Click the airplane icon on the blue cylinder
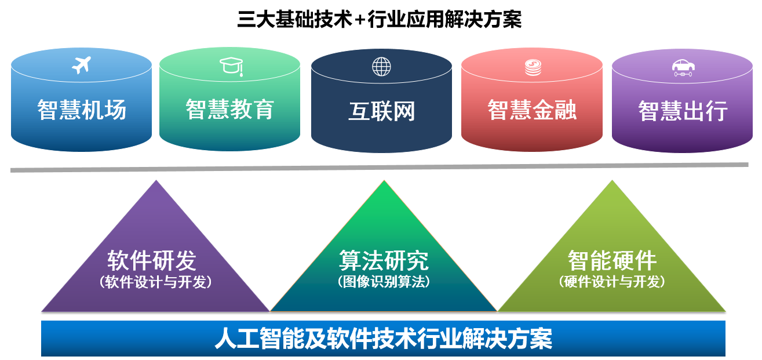81,65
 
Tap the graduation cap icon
232,66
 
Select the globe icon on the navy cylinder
381,66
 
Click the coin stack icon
533,67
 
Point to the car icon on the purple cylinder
683,68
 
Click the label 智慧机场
82,110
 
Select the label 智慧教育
230,110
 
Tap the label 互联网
382,111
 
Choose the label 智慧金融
532,110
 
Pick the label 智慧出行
683,111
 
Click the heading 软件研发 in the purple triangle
152,260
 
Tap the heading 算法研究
384,260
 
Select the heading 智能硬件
612,260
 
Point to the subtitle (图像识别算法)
384,282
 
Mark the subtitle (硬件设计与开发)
612,282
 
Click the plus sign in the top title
360,20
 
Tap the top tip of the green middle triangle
384,180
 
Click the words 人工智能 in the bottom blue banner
259,339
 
